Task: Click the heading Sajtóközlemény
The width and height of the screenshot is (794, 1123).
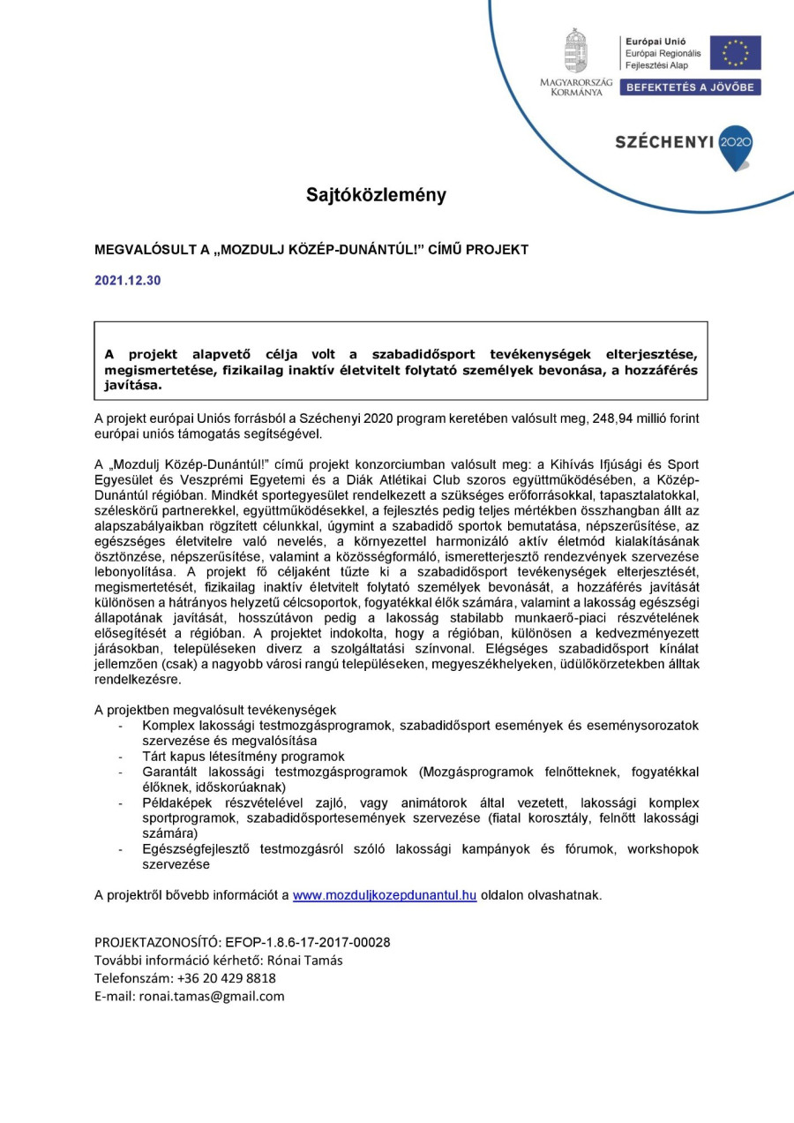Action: point(377,195)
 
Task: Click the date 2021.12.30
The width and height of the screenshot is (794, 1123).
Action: point(128,281)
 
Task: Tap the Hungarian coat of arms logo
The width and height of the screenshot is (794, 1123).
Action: point(576,51)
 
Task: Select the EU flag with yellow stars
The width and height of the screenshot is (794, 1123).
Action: point(735,53)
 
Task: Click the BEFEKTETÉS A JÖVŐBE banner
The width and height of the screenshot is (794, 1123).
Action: point(690,87)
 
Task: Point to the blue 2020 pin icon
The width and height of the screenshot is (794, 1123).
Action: point(735,145)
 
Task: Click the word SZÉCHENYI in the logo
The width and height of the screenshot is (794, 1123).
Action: point(664,142)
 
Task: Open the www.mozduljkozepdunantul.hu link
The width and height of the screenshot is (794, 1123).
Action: point(385,894)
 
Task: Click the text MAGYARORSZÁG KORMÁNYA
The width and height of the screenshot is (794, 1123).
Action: point(576,87)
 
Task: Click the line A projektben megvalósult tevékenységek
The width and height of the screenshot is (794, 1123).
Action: point(215,710)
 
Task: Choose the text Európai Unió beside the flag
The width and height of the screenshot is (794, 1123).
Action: point(655,41)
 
